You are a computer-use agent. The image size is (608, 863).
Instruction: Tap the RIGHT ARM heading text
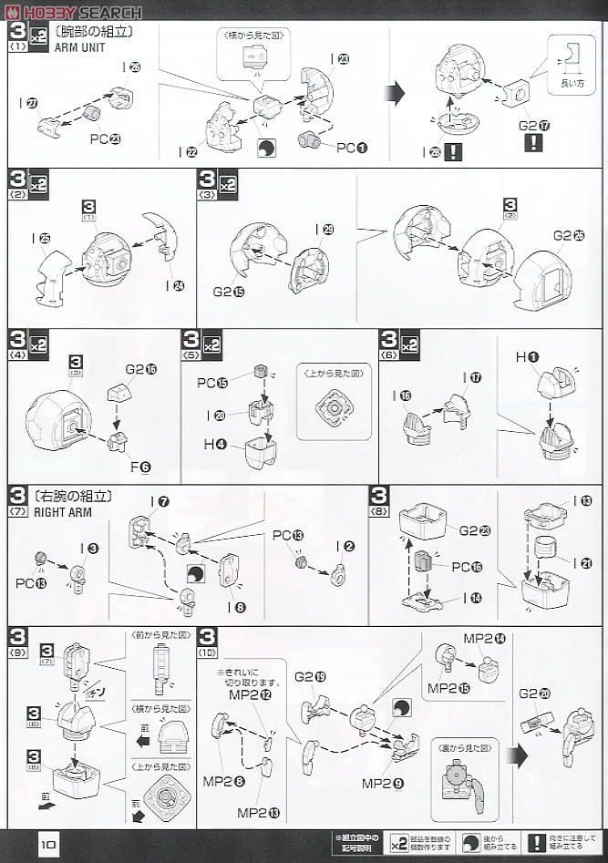[x=85, y=512]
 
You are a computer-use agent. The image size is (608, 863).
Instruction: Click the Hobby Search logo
[x=73, y=12]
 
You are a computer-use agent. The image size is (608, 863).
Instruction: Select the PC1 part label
[x=352, y=147]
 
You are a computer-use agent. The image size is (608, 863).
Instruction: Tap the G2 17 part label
[x=534, y=125]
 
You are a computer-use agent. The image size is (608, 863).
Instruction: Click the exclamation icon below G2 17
[x=533, y=143]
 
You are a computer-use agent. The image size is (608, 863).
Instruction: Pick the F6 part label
[x=139, y=467]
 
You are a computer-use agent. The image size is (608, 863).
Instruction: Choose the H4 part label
[x=215, y=445]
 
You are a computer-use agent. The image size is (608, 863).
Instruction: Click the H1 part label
[x=527, y=357]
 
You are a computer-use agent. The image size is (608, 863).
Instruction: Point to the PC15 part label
[x=212, y=383]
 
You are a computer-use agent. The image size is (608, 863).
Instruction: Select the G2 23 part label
[x=475, y=530]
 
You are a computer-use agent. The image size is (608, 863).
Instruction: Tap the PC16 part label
[x=468, y=567]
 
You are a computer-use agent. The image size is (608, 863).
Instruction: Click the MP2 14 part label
[x=484, y=639]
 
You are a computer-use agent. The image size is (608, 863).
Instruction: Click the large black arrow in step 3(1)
[x=396, y=92]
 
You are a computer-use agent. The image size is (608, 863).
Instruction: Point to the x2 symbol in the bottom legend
[x=399, y=842]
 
